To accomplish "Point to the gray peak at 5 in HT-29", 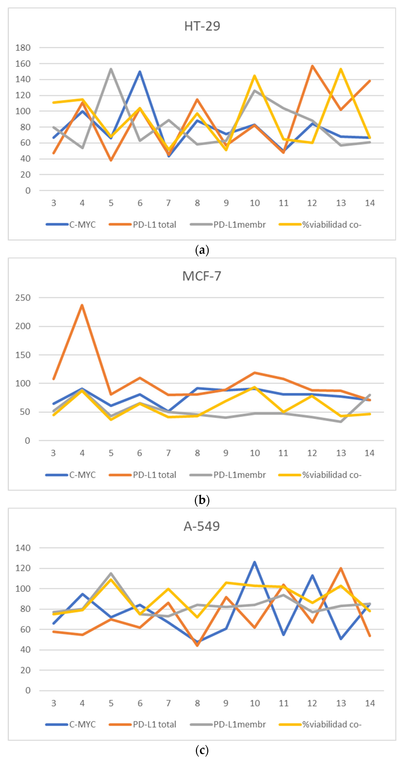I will pos(111,69).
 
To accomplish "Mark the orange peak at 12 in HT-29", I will pos(312,66).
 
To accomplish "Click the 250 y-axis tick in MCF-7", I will pos(23,298).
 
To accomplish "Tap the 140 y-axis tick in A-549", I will pos(23,548).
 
